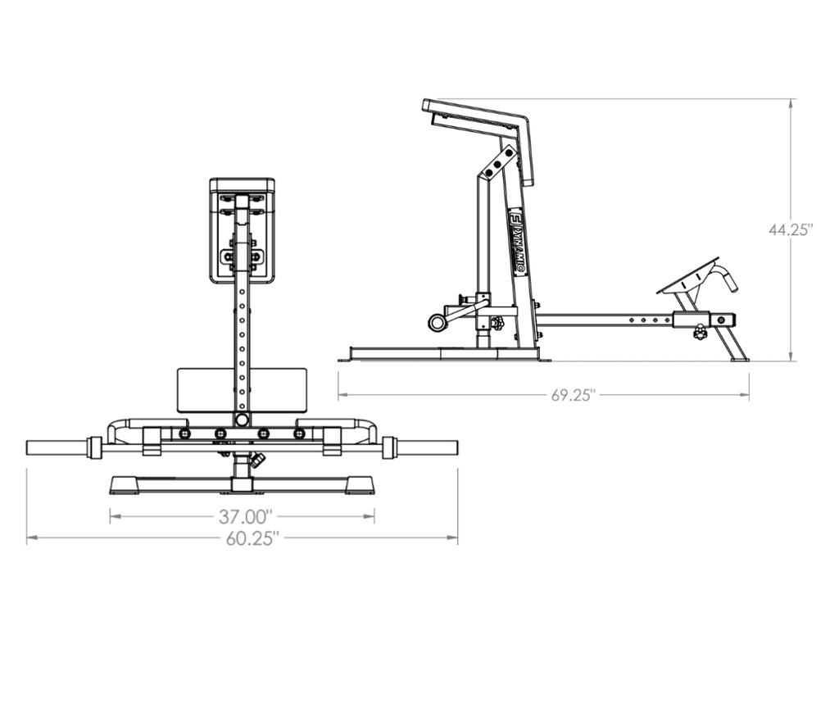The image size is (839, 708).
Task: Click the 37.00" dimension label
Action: [246, 516]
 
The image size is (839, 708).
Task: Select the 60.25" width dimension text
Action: [252, 538]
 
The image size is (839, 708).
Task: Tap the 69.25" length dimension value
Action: [574, 396]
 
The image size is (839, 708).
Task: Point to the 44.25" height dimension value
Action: [791, 229]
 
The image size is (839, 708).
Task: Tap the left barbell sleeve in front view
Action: [58, 447]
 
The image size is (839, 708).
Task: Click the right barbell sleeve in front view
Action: [427, 447]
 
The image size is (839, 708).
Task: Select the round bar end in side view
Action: [436, 322]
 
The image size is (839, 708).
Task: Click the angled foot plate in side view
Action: [688, 276]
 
